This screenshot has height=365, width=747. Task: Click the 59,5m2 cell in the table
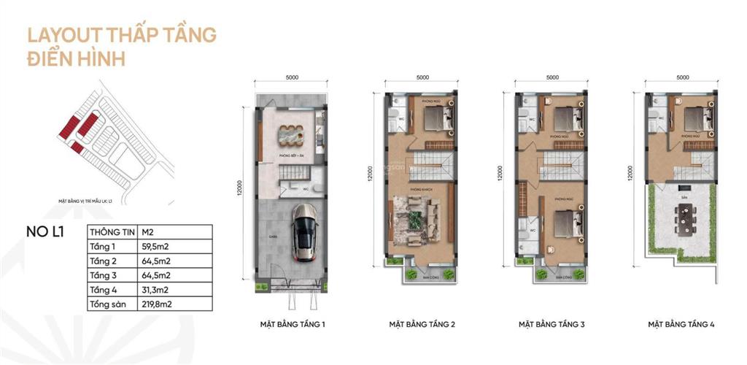155,246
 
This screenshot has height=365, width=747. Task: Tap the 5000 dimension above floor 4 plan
683,77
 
